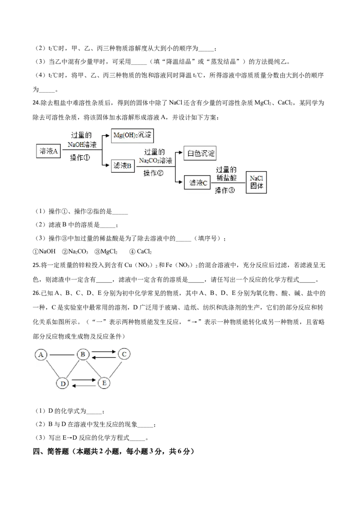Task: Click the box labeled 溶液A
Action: [49, 152]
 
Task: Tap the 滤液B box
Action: [122, 166]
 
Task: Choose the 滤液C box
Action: [198, 183]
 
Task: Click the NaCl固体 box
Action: [256, 182]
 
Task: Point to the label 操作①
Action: [81, 158]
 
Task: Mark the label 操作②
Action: [153, 174]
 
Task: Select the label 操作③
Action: [225, 190]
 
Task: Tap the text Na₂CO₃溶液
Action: [155, 160]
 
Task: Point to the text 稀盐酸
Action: [227, 177]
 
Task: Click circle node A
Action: [41, 355]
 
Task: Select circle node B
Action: [83, 355]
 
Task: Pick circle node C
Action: [124, 354]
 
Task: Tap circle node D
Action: [63, 383]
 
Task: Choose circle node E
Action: [104, 383]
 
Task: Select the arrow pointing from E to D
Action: [84, 386]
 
